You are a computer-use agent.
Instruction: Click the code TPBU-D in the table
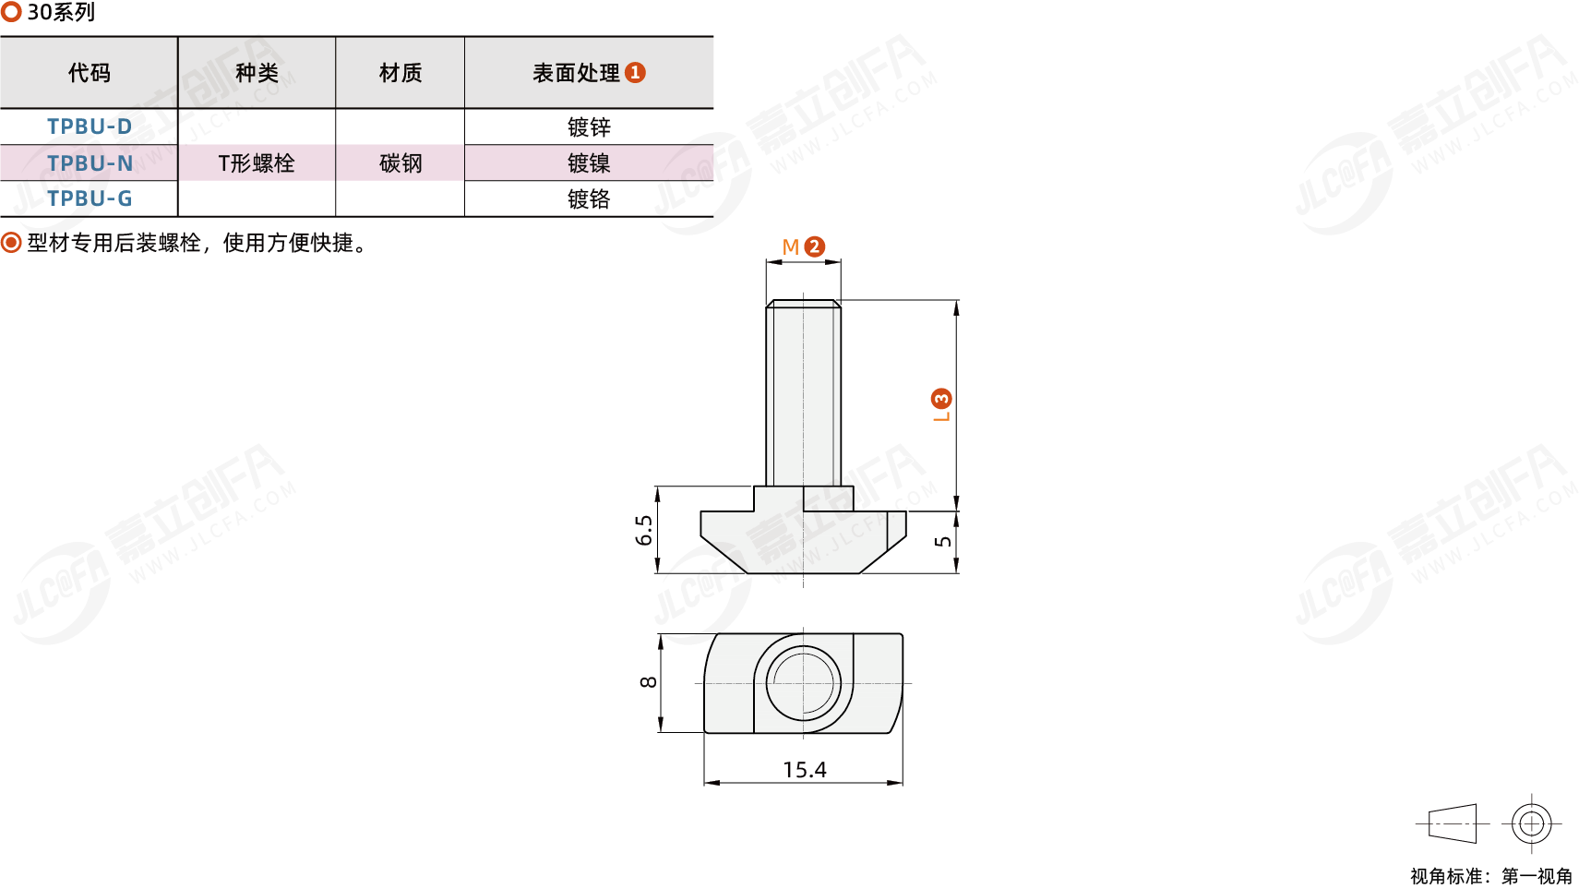pyautogui.click(x=90, y=126)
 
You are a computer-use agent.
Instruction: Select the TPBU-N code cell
pyautogui.click(x=90, y=162)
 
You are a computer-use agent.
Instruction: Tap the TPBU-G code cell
pyautogui.click(x=90, y=198)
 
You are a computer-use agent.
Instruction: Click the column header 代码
pyautogui.click(x=89, y=73)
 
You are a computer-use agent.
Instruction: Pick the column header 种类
pyautogui.click(x=257, y=73)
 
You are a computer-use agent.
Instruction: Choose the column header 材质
pyautogui.click(x=401, y=73)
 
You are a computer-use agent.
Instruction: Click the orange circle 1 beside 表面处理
pyautogui.click(x=635, y=73)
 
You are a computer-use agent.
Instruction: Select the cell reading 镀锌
pyautogui.click(x=589, y=126)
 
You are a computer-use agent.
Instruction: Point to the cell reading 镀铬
pyautogui.click(x=589, y=198)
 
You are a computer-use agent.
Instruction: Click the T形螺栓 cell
pyautogui.click(x=257, y=163)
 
